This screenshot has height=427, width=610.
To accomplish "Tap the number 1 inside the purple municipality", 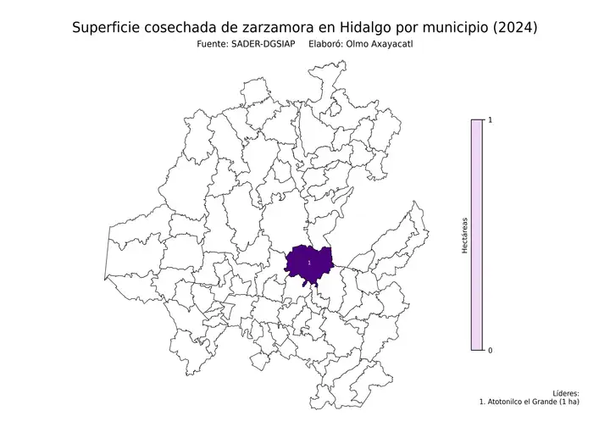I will pos(309,263).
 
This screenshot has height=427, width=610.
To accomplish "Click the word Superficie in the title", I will pos(108,28).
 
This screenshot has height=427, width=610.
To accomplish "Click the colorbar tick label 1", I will pos(491,121).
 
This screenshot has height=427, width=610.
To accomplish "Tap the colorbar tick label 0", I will pos(491,350).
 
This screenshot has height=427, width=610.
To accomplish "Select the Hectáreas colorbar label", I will pos(465,236).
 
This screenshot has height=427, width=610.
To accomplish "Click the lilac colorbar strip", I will pos(477,236).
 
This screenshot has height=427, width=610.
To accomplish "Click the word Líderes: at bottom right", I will pos(565,394).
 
